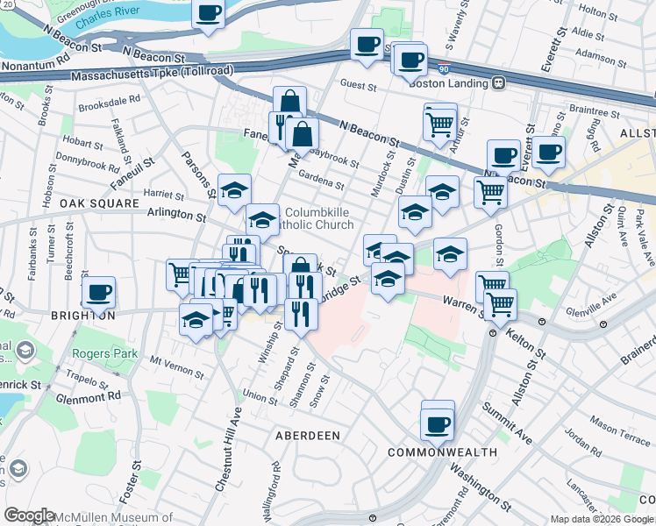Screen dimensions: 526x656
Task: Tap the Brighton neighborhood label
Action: (x=82, y=316)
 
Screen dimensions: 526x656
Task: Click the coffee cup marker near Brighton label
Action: (x=98, y=292)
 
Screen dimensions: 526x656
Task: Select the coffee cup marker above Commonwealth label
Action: (x=437, y=424)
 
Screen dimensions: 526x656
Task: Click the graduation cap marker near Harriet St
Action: (x=234, y=189)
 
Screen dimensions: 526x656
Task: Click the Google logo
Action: (x=30, y=515)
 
